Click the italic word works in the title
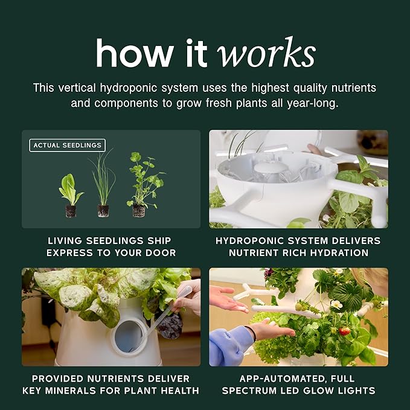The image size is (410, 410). coord(266,53)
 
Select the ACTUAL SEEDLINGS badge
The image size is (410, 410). coord(68,145)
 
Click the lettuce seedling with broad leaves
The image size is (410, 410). coord(71,195)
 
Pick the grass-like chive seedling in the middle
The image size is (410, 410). coord(103,183)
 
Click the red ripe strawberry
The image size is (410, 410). coord(344,332)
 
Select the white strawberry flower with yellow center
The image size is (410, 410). coord(336,304)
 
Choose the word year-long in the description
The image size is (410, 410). coord(312,103)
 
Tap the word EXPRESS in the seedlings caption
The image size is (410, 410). coord(69,253)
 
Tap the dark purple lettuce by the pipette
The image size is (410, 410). coord(169,325)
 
